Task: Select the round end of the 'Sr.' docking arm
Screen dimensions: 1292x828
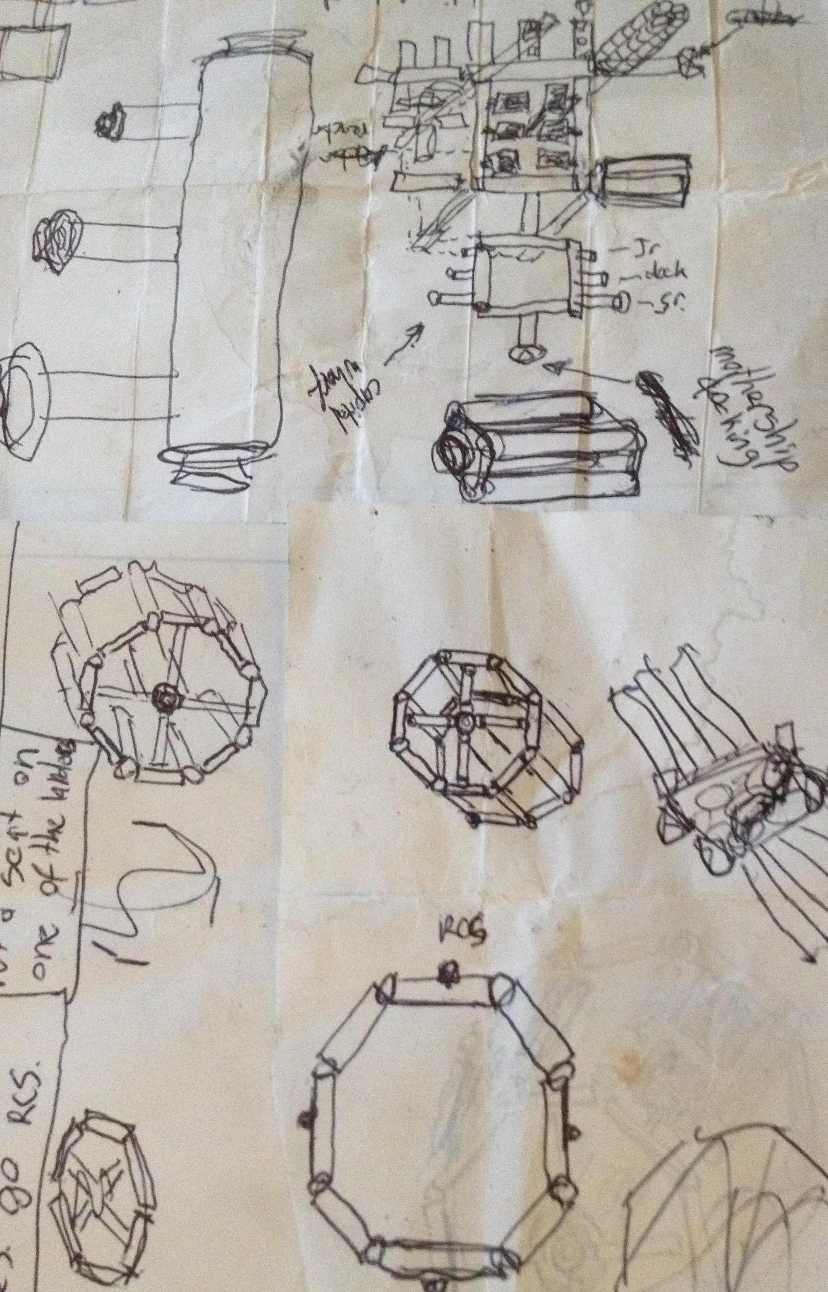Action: click(x=622, y=301)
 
